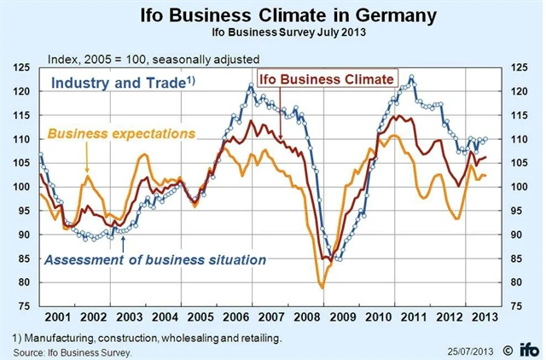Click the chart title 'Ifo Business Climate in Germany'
tap(273, 15)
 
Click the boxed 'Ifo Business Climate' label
tap(327, 78)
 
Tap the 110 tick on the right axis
tap(520, 139)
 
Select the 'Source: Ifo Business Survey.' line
tap(73, 351)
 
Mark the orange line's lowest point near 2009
tap(322, 287)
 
